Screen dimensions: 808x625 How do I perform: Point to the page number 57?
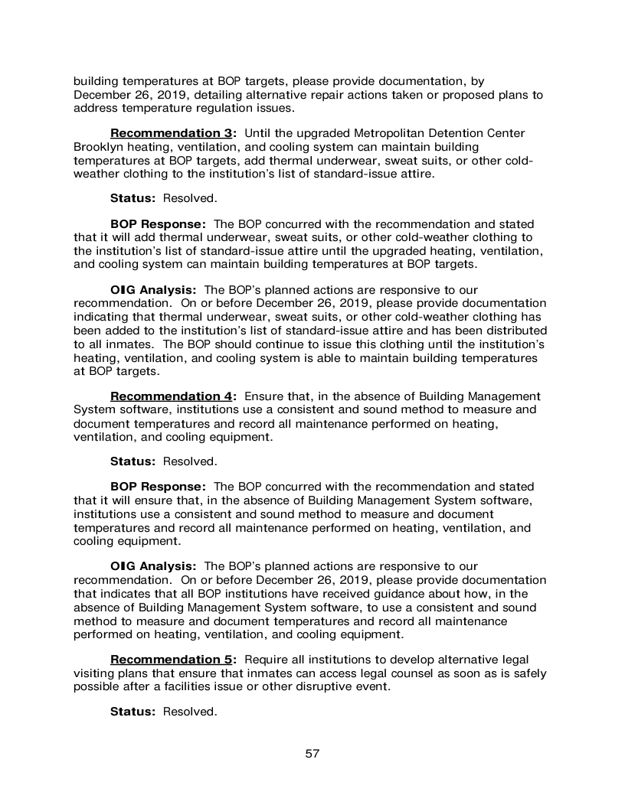click(x=312, y=754)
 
